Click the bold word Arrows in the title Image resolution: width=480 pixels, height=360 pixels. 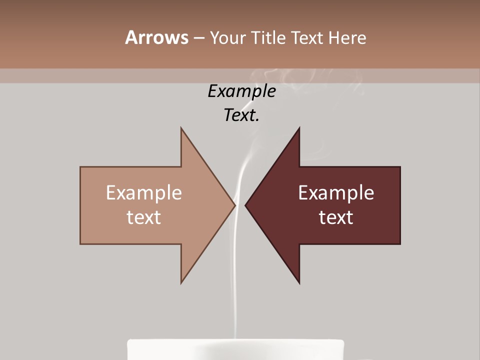[x=156, y=37]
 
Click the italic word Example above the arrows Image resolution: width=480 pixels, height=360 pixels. [x=241, y=91]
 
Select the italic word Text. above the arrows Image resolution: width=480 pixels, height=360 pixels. [x=241, y=115]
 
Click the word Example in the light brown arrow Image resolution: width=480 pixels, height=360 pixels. [x=144, y=193]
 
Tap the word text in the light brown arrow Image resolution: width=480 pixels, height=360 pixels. [x=144, y=217]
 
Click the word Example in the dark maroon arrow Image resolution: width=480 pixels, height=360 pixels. [x=336, y=193]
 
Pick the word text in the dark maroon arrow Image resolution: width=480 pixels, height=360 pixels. [x=336, y=217]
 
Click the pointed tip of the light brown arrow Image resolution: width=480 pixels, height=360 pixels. [x=234, y=205]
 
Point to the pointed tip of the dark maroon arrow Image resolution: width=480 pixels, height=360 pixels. [x=246, y=205]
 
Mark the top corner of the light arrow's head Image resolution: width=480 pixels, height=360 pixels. [x=181, y=128]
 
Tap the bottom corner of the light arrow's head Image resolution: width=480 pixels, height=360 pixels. [x=181, y=282]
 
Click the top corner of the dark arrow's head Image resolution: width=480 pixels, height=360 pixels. [x=299, y=128]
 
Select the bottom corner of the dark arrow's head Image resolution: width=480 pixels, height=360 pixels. [x=299, y=282]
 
